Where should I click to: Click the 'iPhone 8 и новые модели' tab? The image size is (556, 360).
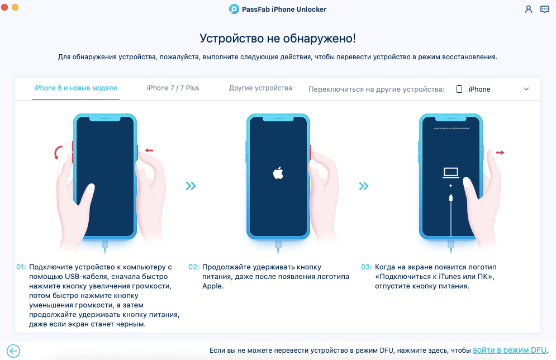click(75, 88)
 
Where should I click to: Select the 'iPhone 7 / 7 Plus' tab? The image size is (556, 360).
click(173, 88)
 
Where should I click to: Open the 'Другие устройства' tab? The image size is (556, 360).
click(260, 88)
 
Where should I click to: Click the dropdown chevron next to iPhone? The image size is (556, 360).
click(526, 89)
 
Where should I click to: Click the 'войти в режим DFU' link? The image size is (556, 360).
click(509, 350)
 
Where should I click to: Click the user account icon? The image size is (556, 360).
click(529, 10)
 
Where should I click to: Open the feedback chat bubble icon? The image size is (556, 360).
click(544, 10)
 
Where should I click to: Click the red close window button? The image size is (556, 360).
click(5, 7)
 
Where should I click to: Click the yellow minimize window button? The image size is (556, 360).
click(15, 7)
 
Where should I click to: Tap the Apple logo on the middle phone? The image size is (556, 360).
click(278, 173)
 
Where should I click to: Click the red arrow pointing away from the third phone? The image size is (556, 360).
click(499, 152)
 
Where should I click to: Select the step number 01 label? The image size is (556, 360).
click(21, 267)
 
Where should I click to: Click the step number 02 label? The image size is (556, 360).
click(193, 267)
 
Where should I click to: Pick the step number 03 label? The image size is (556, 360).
click(366, 267)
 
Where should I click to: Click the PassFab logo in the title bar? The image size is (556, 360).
click(234, 10)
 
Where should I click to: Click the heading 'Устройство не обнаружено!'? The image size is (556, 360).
click(278, 39)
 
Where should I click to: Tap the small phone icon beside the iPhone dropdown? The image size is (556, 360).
click(459, 89)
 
